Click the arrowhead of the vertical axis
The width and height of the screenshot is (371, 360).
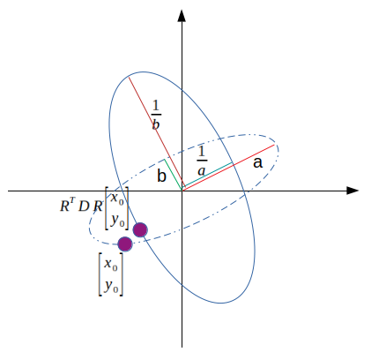182,15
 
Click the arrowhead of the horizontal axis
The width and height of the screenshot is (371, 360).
352,191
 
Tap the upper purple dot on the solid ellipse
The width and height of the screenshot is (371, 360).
140,229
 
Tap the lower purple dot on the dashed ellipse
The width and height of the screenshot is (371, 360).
125,244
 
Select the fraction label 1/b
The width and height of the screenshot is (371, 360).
156,115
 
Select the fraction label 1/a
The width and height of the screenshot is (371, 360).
202,161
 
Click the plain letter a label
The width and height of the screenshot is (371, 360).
257,162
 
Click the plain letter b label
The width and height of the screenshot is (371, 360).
161,176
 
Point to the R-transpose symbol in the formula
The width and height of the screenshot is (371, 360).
68,205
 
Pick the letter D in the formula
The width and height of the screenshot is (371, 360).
84,206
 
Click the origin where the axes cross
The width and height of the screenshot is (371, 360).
182,191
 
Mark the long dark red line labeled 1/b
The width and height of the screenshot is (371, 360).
155,133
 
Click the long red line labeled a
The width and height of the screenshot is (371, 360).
228,168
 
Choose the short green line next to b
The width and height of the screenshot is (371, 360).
174,175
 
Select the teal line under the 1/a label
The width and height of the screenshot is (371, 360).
208,175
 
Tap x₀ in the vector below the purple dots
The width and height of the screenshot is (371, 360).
111,264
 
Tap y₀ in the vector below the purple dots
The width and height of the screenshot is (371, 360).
111,286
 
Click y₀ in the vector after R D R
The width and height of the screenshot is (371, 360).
117,221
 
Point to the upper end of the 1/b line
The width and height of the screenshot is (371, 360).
129,77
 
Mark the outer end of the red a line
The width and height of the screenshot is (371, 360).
274,145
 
